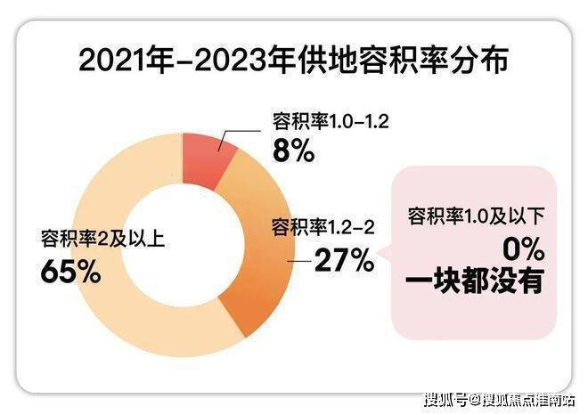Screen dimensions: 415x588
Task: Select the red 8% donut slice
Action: click(x=208, y=161)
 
